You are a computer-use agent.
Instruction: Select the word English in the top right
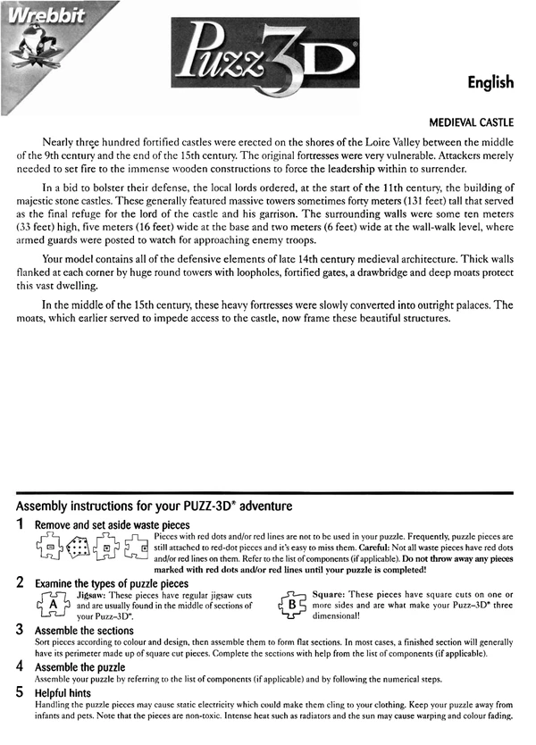click(490, 82)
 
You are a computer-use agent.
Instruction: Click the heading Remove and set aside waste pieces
click(112, 524)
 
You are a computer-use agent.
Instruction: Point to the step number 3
click(20, 630)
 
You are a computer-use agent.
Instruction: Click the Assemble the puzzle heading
click(80, 666)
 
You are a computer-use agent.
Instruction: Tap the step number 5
click(20, 692)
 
